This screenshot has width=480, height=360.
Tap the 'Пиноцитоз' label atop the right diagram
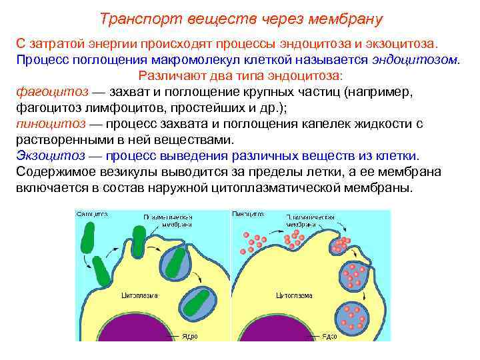point(247,215)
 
